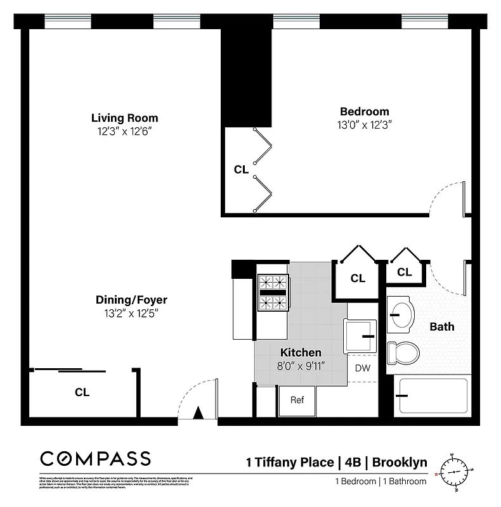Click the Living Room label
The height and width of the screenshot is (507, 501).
pos(124,118)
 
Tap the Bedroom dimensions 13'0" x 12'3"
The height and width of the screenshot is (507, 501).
pos(364,125)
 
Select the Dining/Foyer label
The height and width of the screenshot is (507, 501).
pos(131,300)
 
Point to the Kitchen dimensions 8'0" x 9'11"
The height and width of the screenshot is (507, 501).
pos(301,365)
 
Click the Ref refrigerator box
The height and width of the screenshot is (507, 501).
pos(297,400)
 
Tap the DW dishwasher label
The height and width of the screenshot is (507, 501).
pos(362,368)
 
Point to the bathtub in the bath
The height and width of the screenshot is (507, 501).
pos(431,395)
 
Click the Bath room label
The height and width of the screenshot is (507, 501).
pos(441,327)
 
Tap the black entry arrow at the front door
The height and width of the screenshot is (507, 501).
pos(197,413)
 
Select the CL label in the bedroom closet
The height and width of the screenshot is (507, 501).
pos(241,169)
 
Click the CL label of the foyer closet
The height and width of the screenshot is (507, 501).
pos(82,392)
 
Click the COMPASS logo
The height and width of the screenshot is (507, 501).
pos(96,458)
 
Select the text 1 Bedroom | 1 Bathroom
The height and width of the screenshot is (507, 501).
pos(381,481)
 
